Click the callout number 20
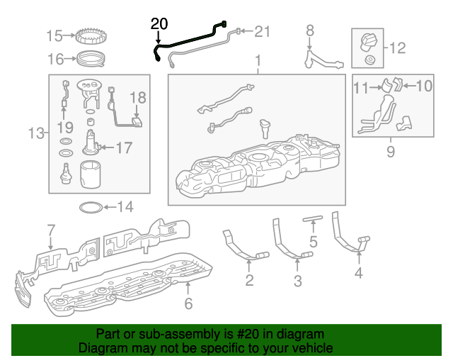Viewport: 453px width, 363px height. [x=160, y=23]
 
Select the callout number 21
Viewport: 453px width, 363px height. [x=263, y=31]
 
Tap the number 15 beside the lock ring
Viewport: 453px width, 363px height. [x=55, y=35]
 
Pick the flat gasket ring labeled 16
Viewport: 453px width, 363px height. [x=91, y=57]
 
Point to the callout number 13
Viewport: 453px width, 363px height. [x=36, y=133]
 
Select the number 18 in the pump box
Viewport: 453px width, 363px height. [x=137, y=97]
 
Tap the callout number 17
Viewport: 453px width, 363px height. [x=124, y=148]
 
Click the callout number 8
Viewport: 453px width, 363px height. [x=309, y=30]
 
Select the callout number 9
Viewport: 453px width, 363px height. [x=390, y=150]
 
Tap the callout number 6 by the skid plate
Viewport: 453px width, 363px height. [x=188, y=303]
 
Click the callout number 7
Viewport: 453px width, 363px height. [x=50, y=230]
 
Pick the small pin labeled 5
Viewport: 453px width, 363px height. [x=313, y=219]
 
